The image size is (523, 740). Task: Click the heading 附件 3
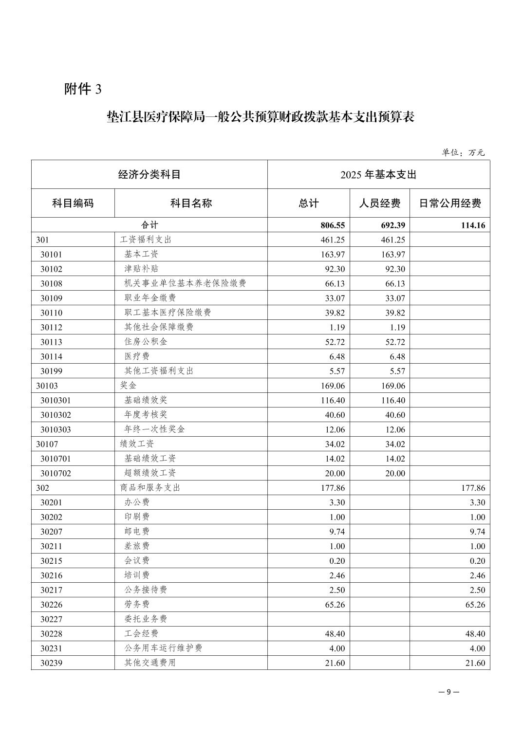coord(83,89)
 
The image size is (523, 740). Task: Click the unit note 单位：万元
coord(463,152)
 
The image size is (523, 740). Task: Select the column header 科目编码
coord(73,203)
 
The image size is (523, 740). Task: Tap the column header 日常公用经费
coord(449,203)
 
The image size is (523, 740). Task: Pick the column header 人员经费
coord(379,203)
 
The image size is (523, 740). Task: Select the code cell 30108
coord(51,283)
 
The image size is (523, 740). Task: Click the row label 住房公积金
coord(146,342)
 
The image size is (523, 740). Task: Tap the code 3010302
coord(56,415)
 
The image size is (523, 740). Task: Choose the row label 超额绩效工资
coord(150,473)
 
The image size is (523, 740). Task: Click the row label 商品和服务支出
coord(150,488)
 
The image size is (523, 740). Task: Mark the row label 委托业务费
coord(146,619)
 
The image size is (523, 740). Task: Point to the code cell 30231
coord(51,648)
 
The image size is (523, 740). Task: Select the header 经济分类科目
coord(149,174)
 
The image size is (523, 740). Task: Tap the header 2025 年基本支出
coord(378,174)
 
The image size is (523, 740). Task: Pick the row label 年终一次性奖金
coord(154,429)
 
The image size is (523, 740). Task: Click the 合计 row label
coord(149,225)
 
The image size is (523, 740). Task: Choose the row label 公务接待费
coord(146,590)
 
